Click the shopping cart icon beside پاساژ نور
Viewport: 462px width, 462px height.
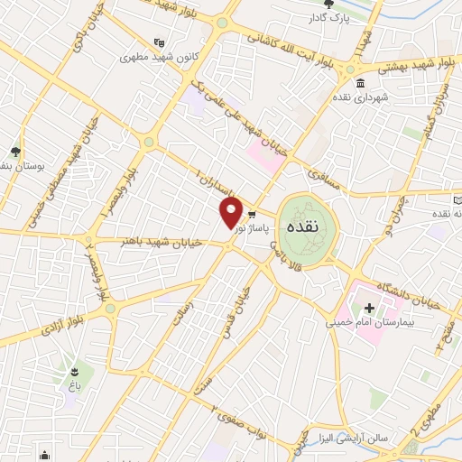click(252, 215)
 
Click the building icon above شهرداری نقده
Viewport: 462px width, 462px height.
click(360, 85)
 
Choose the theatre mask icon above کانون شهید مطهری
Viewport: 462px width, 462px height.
click(160, 42)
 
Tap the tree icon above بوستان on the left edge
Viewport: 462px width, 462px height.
click(15, 152)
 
